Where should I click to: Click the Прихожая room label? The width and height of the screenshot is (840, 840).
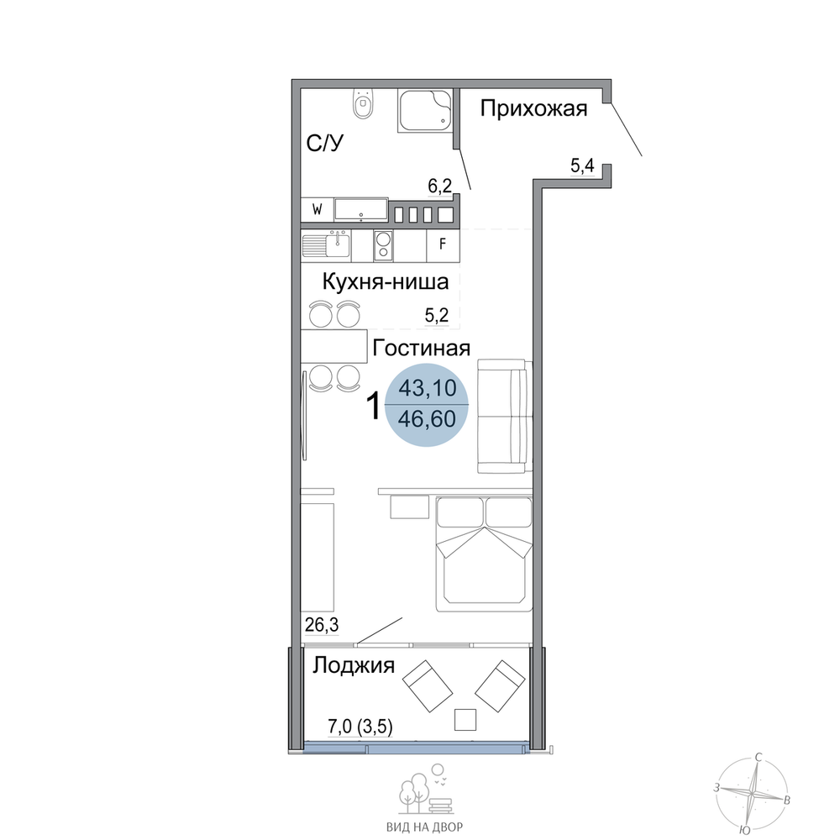[533, 108]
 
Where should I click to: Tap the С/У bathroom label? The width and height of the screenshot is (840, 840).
[324, 144]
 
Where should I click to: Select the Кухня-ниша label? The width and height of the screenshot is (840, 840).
[386, 281]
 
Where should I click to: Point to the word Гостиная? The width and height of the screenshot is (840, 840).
[421, 349]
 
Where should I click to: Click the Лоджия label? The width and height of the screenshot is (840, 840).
[354, 666]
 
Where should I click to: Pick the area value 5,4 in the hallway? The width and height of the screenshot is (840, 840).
[582, 166]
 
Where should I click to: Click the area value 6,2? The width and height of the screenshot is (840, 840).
[440, 186]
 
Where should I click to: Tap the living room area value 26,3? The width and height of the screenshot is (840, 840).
[322, 625]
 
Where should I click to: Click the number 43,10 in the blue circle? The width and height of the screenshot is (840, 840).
[427, 388]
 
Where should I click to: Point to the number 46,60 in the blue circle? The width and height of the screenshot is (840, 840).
[427, 419]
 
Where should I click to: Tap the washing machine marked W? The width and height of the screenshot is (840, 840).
[318, 209]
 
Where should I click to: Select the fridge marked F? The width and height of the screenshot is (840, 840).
[443, 244]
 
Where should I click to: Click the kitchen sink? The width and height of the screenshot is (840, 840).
[326, 246]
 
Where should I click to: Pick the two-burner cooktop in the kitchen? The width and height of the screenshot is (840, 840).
[383, 246]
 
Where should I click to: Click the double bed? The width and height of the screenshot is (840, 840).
[485, 554]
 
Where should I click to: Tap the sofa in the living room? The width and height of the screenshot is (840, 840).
[505, 417]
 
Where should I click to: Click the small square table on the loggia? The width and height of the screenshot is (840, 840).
[465, 720]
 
